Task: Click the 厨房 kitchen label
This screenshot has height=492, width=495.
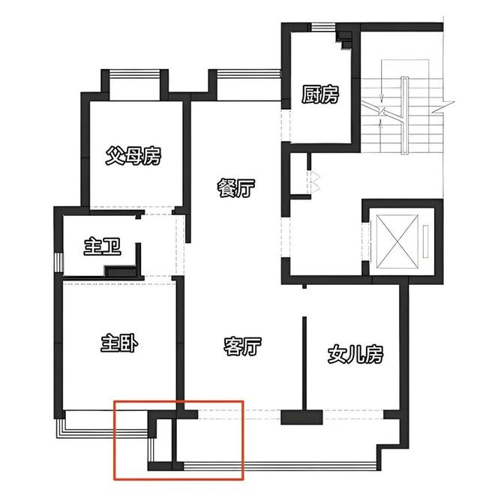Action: point(320,94)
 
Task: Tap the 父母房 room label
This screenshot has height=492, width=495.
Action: point(133,156)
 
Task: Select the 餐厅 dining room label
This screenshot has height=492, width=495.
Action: point(236,188)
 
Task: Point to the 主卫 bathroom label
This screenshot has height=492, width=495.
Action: point(102,247)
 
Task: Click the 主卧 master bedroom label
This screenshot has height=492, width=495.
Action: point(119,343)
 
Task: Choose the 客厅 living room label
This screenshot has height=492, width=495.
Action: point(242,346)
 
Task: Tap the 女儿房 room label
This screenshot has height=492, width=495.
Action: point(355,354)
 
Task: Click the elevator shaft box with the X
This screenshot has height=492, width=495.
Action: point(397,242)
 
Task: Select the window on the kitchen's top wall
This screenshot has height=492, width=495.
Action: point(323,28)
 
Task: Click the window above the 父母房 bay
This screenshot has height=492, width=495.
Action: point(135,74)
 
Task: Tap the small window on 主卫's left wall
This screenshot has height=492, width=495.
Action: point(59,262)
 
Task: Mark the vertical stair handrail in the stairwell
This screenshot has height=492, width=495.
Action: point(405,115)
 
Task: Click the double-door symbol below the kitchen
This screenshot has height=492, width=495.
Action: point(314,182)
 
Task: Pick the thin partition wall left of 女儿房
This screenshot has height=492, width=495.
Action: point(304,363)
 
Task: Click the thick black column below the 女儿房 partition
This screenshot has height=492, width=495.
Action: point(301,417)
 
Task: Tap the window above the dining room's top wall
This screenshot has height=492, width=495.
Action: point(248,74)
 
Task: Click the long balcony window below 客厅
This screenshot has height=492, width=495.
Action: point(280,466)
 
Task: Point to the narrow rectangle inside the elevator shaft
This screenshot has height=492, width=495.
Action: point(426,241)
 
